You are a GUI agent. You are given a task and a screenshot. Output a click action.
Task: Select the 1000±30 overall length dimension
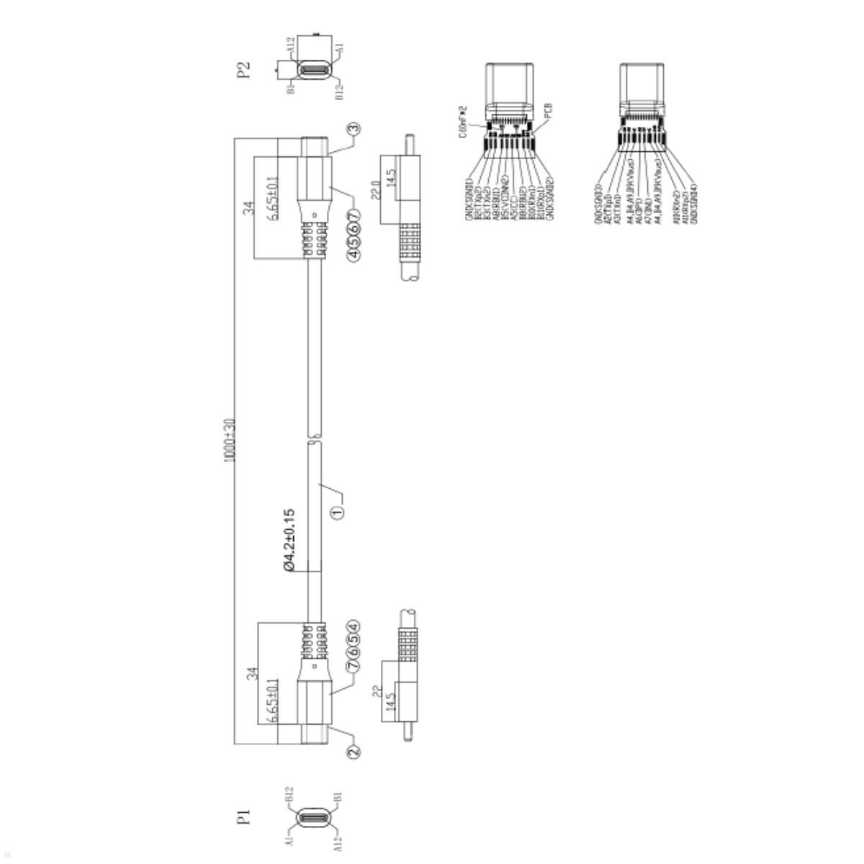point(230,439)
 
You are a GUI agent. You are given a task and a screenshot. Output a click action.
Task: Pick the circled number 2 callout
point(353,751)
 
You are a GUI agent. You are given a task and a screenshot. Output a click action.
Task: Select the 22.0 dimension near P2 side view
point(375,188)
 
